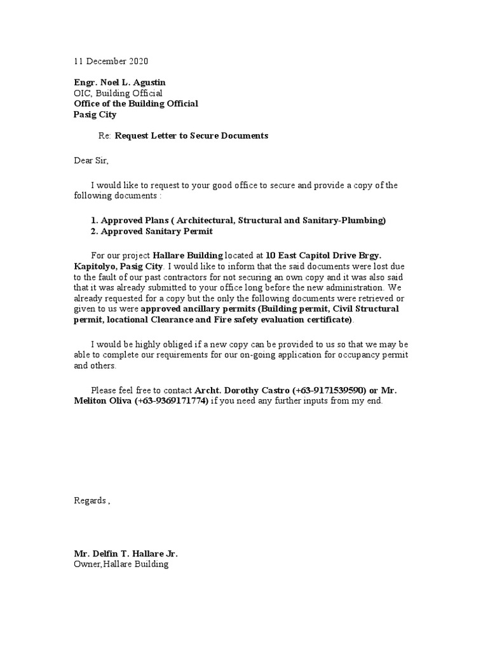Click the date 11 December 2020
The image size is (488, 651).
click(111, 62)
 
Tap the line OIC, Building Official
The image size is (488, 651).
click(118, 93)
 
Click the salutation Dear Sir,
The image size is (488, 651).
click(91, 161)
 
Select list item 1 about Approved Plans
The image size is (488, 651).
click(238, 221)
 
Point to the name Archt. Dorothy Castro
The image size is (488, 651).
click(233, 390)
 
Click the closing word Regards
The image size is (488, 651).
click(90, 501)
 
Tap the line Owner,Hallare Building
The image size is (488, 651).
click(121, 564)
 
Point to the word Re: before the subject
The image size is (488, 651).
click(105, 136)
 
